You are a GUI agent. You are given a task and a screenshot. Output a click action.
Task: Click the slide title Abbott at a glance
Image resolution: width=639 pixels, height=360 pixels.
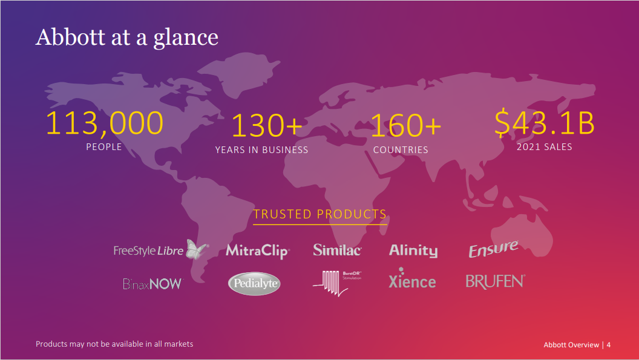point(126,38)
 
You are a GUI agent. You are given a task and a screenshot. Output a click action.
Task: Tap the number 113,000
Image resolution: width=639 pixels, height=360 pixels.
point(104,123)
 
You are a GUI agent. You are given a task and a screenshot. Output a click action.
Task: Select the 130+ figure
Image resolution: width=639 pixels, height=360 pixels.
point(267,126)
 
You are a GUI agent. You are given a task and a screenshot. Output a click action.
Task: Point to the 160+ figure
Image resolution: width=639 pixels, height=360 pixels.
point(405,126)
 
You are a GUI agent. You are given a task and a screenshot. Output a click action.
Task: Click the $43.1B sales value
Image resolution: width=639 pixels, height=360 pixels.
point(545,122)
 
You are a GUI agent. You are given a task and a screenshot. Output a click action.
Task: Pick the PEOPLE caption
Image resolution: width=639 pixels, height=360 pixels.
point(104,147)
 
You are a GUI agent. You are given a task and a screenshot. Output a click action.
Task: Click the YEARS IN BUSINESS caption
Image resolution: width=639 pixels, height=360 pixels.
point(261,150)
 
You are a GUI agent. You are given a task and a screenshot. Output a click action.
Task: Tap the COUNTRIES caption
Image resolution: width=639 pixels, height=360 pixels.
point(401,150)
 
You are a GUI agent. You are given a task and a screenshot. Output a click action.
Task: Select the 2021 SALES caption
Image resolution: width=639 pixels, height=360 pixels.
point(545,147)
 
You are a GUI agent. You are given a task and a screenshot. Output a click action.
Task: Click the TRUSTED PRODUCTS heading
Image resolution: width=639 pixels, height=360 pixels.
point(320,214)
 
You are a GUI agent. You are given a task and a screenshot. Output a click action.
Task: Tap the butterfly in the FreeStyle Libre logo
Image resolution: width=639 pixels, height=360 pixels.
point(197,249)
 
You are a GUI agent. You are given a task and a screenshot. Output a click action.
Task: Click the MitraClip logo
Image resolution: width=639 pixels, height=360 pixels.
point(258,250)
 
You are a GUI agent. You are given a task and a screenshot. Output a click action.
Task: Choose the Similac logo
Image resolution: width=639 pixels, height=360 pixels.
point(337,250)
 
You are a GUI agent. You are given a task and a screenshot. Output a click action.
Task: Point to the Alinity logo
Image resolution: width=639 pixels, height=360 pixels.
point(413,250)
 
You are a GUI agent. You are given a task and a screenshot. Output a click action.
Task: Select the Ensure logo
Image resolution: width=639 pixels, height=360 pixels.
point(493,249)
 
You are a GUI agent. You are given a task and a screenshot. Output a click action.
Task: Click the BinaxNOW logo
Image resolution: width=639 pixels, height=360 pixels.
point(153,284)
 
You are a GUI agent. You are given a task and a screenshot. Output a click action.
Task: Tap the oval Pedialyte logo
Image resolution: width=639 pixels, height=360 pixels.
point(254,283)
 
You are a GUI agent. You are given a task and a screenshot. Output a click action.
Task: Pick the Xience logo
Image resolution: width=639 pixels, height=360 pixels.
point(412,279)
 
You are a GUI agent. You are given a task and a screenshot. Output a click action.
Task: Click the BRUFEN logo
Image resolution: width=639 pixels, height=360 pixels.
point(495,281)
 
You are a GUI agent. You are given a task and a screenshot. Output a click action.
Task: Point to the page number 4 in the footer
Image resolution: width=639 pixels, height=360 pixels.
point(608,345)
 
